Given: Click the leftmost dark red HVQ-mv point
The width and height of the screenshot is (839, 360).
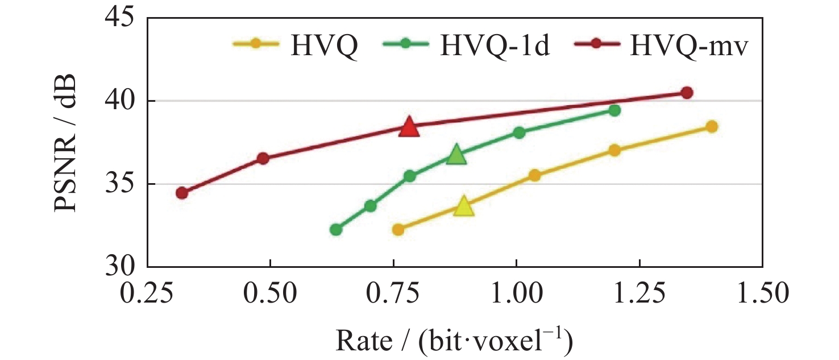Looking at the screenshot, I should tap(182, 193).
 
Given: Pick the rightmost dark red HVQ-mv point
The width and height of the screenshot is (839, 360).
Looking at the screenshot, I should tap(687, 93).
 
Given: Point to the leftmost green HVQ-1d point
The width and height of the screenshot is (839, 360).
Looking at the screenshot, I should tap(335, 229).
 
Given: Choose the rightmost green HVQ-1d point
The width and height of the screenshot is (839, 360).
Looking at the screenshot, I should tap(614, 110).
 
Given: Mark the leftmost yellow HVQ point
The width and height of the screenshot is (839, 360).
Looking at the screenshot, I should tap(398, 229).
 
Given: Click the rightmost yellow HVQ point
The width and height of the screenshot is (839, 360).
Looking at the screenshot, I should tap(712, 126).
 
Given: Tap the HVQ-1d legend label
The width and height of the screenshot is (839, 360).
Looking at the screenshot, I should tap(495, 47).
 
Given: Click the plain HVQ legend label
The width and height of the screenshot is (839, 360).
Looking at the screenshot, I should tap(324, 47).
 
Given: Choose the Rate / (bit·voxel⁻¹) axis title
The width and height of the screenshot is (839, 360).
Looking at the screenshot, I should tap(454, 341).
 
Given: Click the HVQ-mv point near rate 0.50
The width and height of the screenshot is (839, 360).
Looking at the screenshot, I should tap(263, 158).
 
